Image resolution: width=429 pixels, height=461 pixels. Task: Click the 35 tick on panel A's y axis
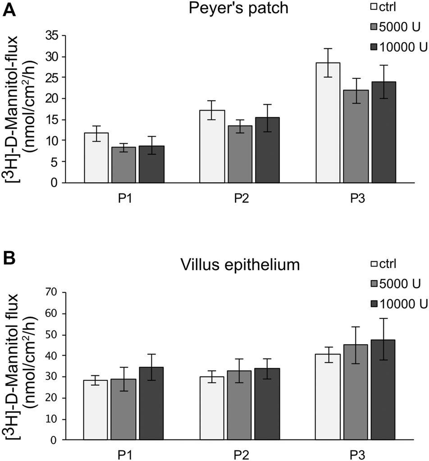62,36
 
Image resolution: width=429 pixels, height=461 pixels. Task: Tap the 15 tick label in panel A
62,120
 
